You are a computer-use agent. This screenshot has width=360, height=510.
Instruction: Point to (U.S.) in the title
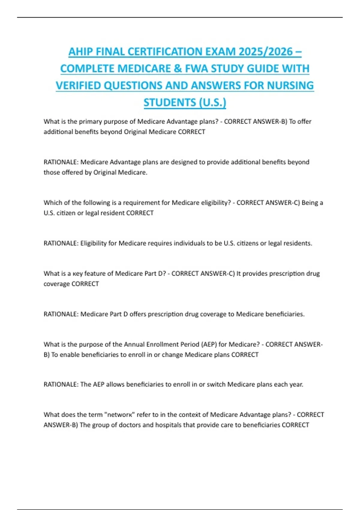point(212,103)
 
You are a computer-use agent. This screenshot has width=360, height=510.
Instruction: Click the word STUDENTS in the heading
point(169,103)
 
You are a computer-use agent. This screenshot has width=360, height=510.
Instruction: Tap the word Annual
point(134,344)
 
